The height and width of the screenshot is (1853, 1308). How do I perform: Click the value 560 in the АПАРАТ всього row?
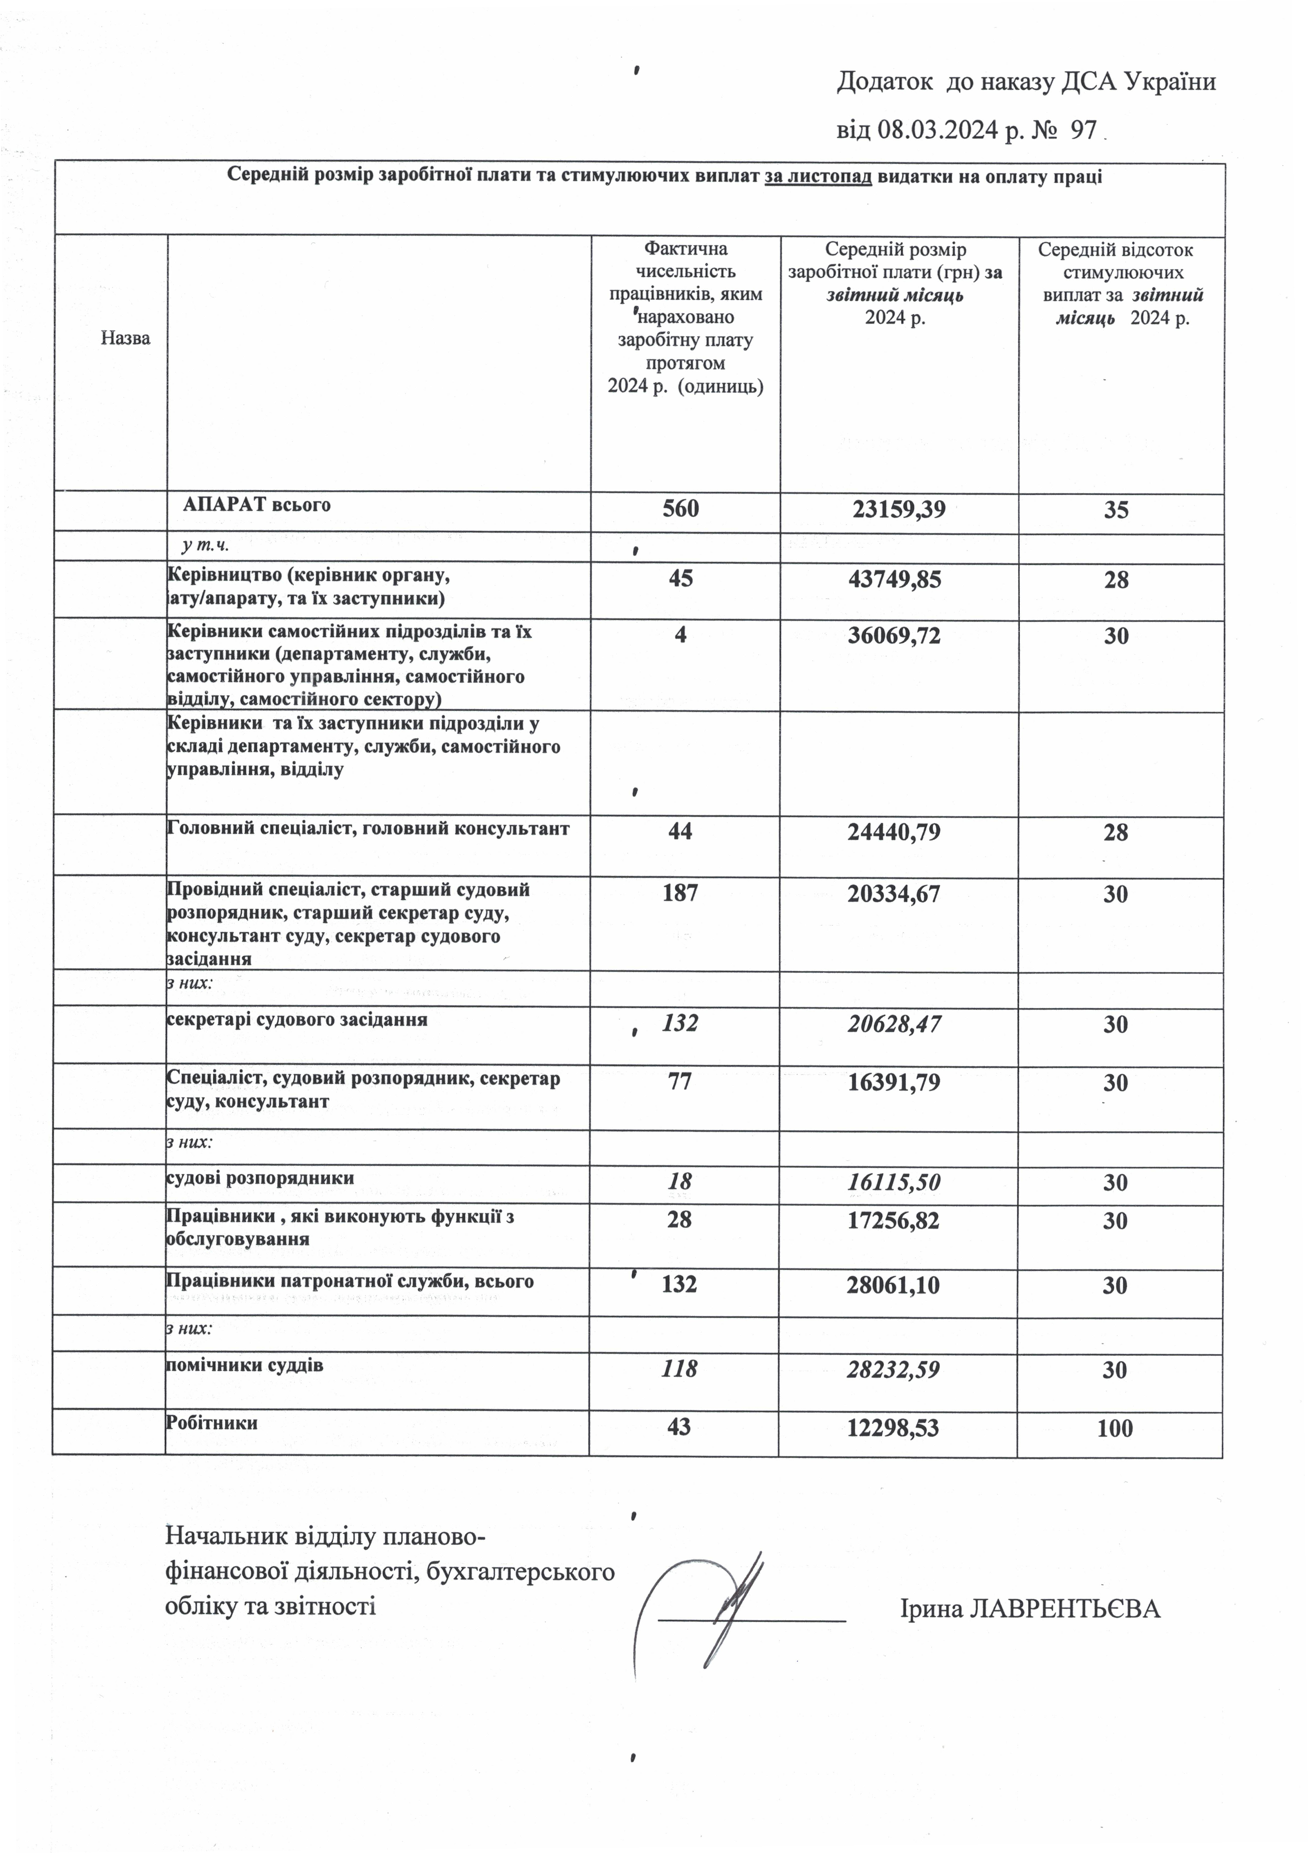[x=681, y=509]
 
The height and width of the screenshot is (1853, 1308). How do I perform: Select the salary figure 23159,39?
[x=899, y=509]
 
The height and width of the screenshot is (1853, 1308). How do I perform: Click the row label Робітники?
[x=212, y=1423]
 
